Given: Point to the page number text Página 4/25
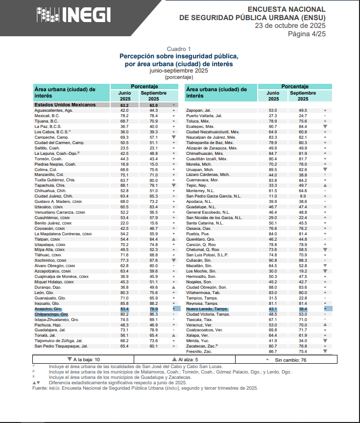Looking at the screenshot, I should pos(306,34).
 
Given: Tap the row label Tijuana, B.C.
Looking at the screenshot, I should pos(47,121).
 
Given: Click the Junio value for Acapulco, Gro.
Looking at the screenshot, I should pos(124,309).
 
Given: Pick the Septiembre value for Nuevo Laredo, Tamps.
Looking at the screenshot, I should pos(303,309).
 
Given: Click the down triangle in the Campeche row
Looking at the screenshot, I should pos(173,137).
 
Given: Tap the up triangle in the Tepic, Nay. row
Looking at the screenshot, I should pos(325,186).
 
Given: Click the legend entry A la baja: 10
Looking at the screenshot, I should pos(86,359).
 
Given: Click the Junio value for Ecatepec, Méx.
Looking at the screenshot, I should pos(273,126).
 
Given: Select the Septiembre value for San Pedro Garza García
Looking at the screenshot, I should pos(303,196).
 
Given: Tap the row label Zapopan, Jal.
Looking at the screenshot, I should pos(198,110).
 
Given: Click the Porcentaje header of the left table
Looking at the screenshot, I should pos(144,86).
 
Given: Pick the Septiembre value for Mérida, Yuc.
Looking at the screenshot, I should pos(303,341).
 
